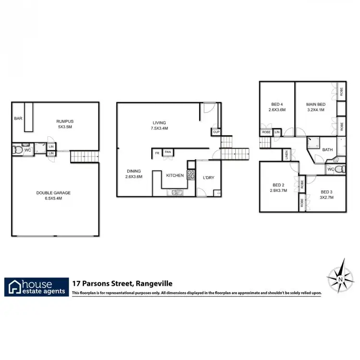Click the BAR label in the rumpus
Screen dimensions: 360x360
tap(18, 118)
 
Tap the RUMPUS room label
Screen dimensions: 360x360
tap(64, 121)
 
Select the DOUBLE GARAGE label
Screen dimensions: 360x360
tap(54, 193)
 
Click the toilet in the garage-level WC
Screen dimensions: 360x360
tap(18, 150)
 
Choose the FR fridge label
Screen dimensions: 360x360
tap(156, 153)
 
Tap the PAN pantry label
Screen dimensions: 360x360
tap(168, 153)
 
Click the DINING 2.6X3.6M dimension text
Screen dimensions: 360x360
tap(134, 177)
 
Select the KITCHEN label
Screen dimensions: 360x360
tap(175, 176)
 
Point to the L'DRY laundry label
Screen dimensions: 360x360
tap(208, 178)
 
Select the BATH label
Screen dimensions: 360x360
tap(327, 150)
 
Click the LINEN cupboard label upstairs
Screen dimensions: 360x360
tap(287, 155)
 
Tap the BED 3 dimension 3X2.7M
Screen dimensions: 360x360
tap(326, 196)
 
